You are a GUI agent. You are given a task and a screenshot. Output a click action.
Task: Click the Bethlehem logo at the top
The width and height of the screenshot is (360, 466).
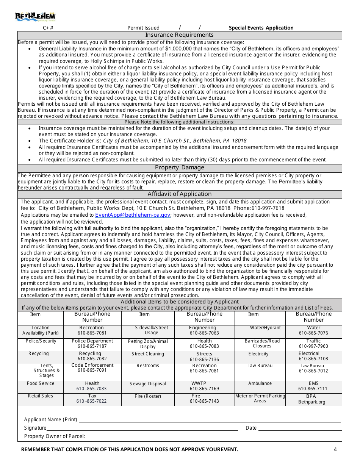pyautogui.click(x=35, y=16)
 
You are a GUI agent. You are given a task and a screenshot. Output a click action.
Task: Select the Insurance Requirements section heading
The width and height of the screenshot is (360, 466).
pyautogui.click(x=180, y=35)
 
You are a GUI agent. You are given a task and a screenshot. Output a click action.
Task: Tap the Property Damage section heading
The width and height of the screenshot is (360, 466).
pyautogui.click(x=180, y=167)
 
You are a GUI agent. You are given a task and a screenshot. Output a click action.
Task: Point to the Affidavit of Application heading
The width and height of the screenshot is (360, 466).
pyautogui.click(x=180, y=194)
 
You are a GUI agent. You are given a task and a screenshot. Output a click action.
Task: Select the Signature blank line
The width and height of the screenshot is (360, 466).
pyautogui.click(x=142, y=428)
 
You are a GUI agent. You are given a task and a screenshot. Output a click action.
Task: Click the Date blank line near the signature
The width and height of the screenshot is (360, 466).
pyautogui.click(x=300, y=428)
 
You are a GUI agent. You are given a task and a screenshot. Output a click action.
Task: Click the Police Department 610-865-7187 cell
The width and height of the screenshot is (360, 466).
pyautogui.click(x=92, y=344)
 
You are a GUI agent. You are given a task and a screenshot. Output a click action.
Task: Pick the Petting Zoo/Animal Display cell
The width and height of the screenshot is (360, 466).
pyautogui.click(x=148, y=344)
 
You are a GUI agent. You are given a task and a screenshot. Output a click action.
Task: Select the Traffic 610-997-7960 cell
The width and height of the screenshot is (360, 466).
pyautogui.click(x=313, y=344)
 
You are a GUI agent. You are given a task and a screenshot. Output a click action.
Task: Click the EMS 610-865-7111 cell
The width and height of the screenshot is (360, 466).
pyautogui.click(x=313, y=386)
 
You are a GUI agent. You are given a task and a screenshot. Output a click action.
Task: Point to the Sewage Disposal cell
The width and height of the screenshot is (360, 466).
pyautogui.click(x=148, y=384)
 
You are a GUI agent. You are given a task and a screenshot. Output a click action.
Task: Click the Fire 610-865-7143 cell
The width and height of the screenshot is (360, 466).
pyautogui.click(x=204, y=399)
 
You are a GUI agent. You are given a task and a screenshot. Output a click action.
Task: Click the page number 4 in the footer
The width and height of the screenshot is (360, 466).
pyautogui.click(x=335, y=450)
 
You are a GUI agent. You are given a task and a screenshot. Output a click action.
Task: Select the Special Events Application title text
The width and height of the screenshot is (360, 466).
pyautogui.click(x=261, y=28)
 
